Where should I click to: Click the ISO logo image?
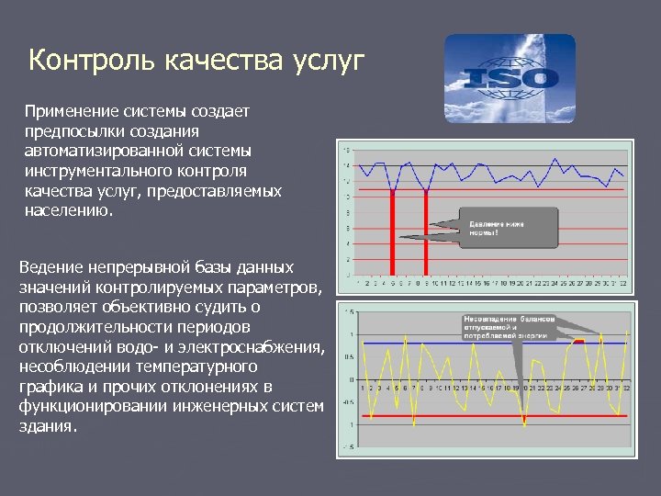point(510,79)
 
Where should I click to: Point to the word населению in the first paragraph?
point(69,210)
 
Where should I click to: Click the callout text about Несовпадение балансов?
point(510,325)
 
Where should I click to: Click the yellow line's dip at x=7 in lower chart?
point(414,425)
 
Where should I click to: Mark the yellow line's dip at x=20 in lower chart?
point(524,424)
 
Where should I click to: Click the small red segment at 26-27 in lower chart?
point(578,340)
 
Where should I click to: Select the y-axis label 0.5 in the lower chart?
point(349,356)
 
